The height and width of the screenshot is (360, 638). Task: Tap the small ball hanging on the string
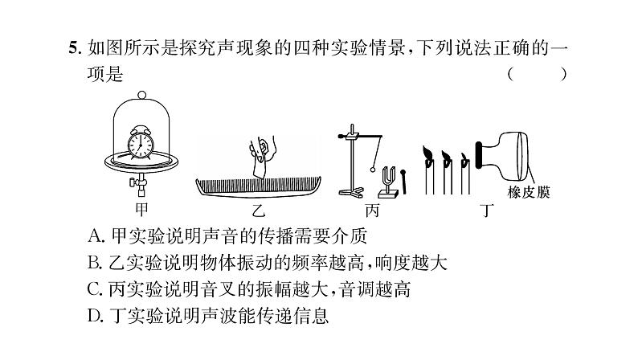click(x=375, y=169)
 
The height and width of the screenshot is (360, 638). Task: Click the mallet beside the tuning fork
click(x=405, y=179)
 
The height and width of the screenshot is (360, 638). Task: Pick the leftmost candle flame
click(x=429, y=152)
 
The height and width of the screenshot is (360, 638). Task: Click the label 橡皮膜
click(x=530, y=193)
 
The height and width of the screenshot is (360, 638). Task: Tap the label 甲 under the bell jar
click(x=141, y=211)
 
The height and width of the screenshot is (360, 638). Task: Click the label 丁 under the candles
click(x=484, y=212)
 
